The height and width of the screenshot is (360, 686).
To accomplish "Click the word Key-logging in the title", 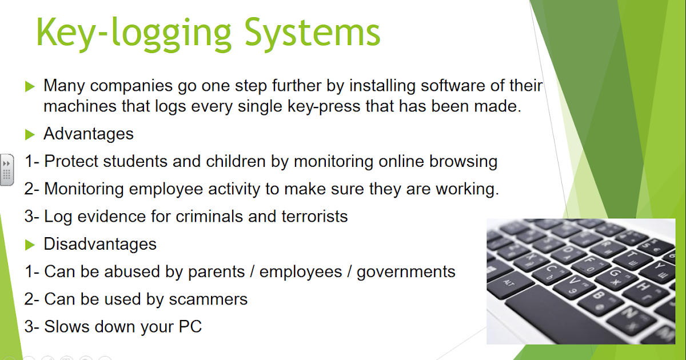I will (131, 33).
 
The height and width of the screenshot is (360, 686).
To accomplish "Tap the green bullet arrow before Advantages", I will (30, 135).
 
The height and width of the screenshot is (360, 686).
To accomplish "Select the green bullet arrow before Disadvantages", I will (30, 245).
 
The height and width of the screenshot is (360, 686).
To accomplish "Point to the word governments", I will (406, 271).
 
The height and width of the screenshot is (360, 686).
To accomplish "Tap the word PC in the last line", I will (188, 327).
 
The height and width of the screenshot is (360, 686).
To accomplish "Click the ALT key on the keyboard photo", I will (509, 283).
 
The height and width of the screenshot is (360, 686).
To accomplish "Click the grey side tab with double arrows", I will (7, 170).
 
